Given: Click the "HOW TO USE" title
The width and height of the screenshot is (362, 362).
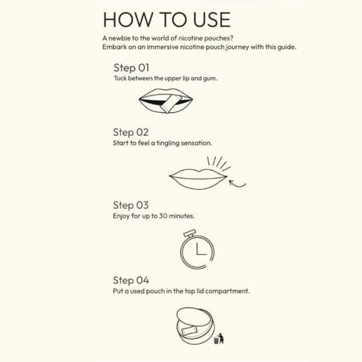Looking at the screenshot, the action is point(166,20).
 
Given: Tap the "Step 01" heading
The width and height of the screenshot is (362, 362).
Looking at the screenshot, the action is point(131,68).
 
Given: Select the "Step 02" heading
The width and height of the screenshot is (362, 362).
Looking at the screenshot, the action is point(130,132).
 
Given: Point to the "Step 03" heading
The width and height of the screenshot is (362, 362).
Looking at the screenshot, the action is point(130,205).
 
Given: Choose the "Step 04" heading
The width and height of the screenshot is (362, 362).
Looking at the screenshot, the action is point(131,280).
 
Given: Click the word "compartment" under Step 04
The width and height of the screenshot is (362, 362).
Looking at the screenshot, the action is point(227,291).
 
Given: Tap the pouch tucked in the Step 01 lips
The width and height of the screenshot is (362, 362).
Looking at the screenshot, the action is point(170,104).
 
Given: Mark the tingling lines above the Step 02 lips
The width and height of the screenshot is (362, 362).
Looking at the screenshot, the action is point(218,163).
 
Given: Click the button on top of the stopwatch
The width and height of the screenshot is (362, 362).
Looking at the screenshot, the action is point(190,233).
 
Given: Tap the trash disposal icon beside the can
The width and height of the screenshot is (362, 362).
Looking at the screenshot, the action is point(219,338).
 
